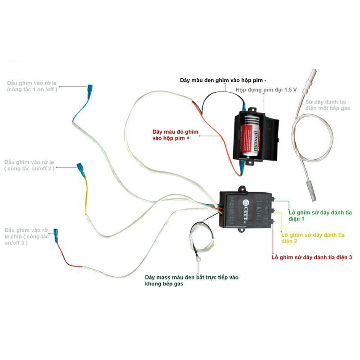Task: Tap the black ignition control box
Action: coord(246,209)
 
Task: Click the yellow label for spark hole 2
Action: coord(313,238)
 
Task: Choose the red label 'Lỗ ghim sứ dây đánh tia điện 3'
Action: coord(311,257)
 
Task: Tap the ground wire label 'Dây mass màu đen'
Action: coord(192,281)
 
